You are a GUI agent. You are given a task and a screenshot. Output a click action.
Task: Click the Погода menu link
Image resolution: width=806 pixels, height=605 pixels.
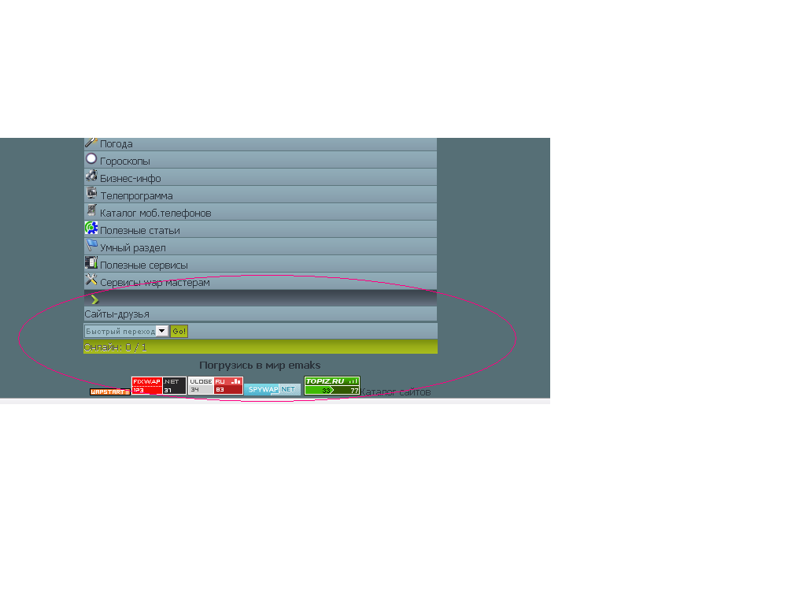click(x=116, y=144)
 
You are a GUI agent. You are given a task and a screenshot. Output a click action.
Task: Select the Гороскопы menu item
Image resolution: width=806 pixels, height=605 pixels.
click(x=124, y=161)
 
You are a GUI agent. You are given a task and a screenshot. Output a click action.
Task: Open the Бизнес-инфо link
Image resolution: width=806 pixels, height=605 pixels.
click(x=130, y=179)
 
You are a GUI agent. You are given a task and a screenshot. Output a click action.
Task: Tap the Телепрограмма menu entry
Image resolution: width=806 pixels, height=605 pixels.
click(x=136, y=196)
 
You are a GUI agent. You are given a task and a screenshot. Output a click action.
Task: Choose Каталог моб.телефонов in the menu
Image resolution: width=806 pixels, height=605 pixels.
click(x=155, y=213)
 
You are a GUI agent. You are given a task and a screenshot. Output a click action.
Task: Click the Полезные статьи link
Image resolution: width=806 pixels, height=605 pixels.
click(x=139, y=231)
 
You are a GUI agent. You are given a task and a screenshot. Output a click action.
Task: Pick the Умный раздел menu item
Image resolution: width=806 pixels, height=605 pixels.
click(x=132, y=248)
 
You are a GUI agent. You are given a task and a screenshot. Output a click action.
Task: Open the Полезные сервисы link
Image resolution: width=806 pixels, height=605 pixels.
click(x=143, y=265)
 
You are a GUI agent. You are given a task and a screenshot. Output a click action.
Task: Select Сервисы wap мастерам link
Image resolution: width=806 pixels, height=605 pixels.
click(x=154, y=283)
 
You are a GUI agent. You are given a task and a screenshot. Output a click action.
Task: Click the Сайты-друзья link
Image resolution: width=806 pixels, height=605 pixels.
click(x=116, y=314)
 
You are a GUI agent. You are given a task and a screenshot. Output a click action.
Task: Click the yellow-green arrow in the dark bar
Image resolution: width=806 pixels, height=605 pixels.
click(x=95, y=299)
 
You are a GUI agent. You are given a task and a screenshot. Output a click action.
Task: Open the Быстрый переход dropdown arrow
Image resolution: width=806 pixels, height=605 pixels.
click(x=162, y=332)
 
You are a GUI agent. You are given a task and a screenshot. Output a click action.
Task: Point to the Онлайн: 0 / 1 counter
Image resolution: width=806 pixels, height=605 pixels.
click(x=115, y=347)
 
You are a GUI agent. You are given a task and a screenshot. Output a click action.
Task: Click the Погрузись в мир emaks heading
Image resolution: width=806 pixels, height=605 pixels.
click(x=260, y=366)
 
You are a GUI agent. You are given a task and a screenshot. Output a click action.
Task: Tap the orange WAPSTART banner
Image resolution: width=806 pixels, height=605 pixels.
click(x=109, y=392)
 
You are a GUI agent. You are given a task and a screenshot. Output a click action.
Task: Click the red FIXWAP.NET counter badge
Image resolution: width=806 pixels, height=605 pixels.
click(x=158, y=385)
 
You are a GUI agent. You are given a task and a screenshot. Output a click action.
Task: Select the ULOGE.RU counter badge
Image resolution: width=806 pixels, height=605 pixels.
click(x=215, y=385)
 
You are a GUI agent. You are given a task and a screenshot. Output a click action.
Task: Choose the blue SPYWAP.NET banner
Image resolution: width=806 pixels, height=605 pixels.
click(x=272, y=389)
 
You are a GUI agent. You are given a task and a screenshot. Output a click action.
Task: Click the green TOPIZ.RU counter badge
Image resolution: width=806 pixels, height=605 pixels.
click(x=331, y=385)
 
